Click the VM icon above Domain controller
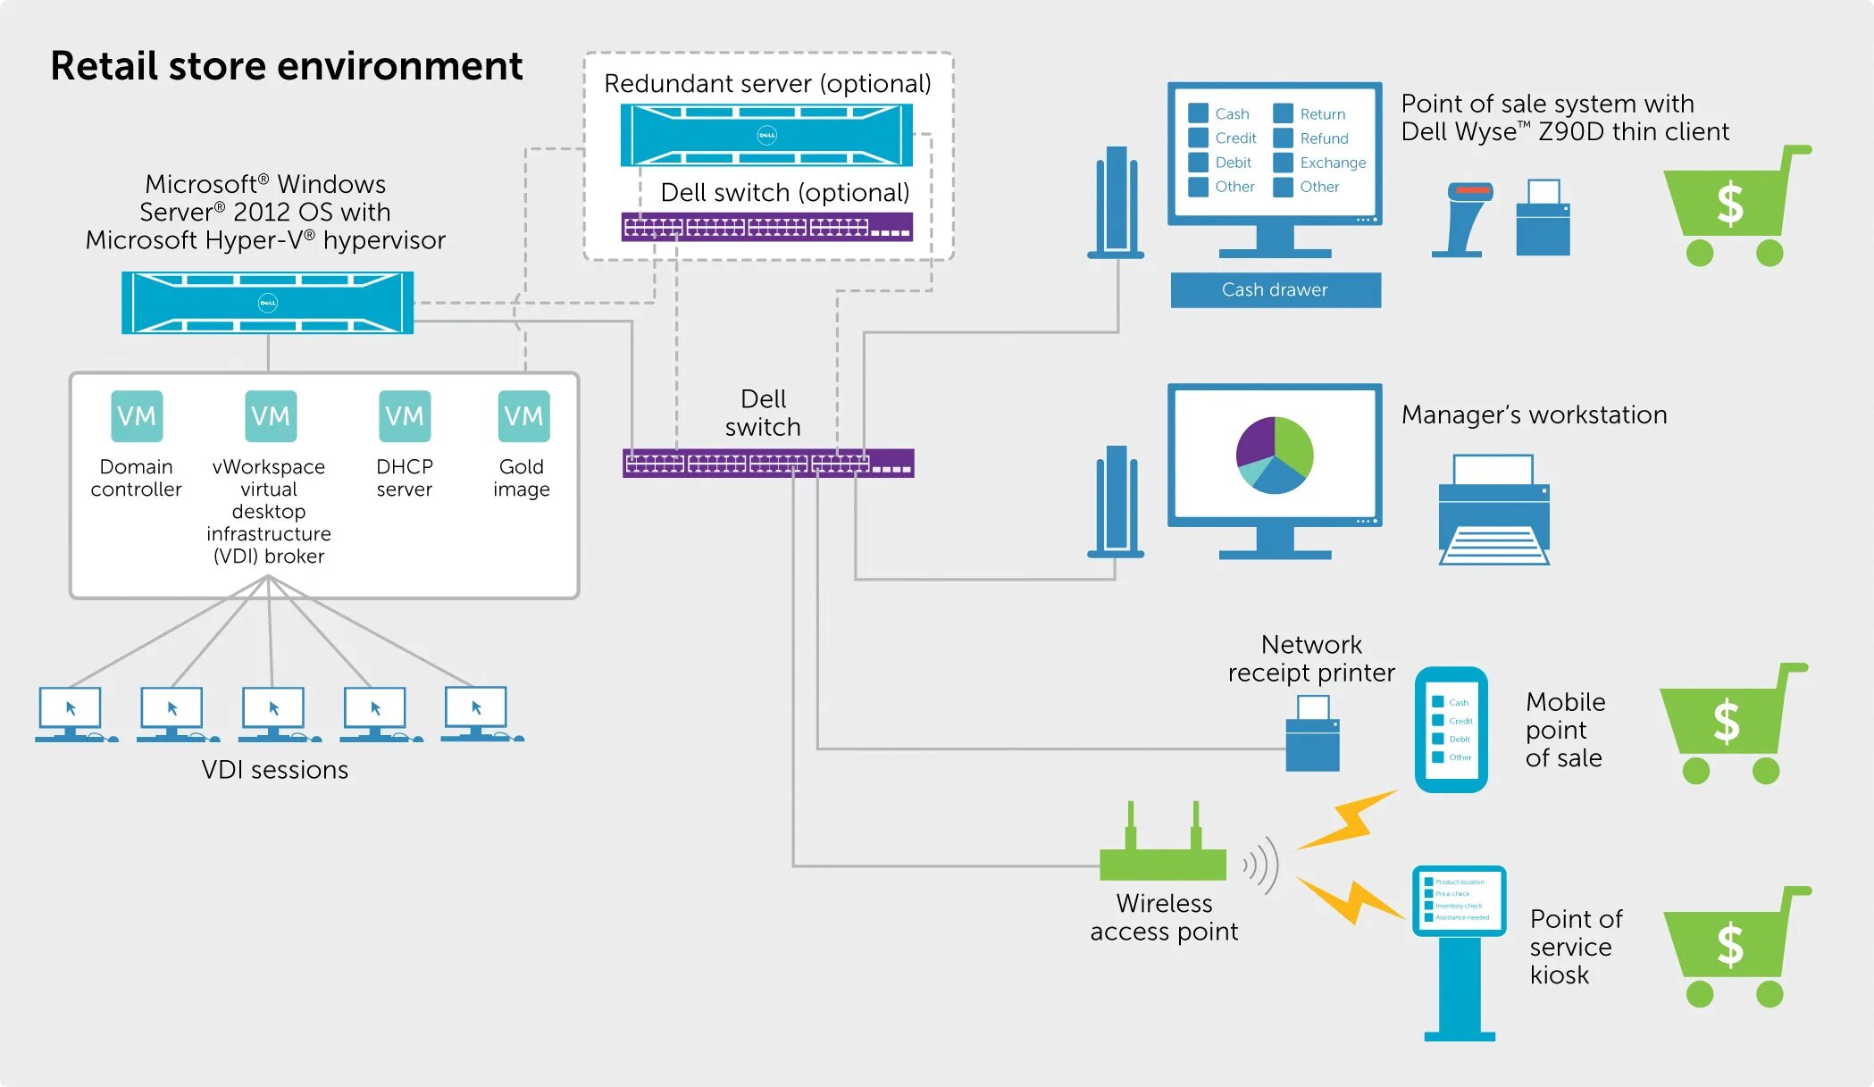137,416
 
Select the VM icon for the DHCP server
405,416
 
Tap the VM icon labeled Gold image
523,416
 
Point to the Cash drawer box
1275,290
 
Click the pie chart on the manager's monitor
1275,455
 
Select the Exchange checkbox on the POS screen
1284,163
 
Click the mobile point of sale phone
1451,730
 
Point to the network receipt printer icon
1312,733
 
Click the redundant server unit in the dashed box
766,136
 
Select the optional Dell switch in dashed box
766,227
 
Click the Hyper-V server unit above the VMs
267,303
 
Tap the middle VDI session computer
274,713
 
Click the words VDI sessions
274,770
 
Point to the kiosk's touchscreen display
1459,900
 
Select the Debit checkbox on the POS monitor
1199,163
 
